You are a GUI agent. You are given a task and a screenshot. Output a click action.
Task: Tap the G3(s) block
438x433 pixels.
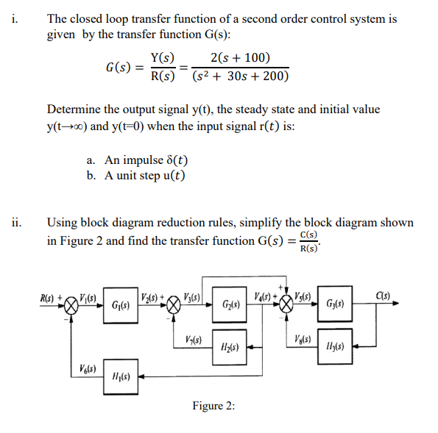335,304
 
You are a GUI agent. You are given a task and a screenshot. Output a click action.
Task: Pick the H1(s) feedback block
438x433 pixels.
121,375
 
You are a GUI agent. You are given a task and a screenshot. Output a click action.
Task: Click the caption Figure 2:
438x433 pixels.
213,405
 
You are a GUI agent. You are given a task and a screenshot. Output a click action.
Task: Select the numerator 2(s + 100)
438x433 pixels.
240,58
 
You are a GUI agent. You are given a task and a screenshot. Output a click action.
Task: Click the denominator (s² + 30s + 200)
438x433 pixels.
240,76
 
